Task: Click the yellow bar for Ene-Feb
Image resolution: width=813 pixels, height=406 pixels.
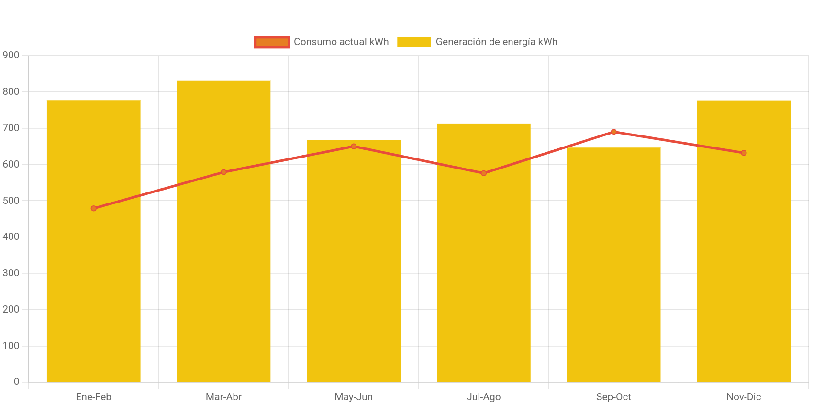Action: click(x=93, y=287)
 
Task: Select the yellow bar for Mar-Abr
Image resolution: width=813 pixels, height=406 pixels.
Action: click(x=223, y=287)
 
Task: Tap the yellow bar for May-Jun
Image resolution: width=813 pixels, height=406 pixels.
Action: click(x=354, y=287)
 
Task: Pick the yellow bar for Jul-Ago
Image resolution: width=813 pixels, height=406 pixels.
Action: click(x=483, y=287)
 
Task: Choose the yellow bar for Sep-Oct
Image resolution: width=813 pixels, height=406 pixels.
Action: click(x=613, y=287)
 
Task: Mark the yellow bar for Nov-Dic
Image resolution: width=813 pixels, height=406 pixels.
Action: click(x=744, y=287)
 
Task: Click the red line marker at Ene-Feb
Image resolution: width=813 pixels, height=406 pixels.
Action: click(x=94, y=208)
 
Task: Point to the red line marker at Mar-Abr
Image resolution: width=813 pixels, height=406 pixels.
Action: click(x=223, y=172)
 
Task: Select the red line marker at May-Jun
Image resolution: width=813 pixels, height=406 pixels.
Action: click(x=354, y=146)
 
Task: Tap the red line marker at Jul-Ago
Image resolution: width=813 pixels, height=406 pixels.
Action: click(x=483, y=173)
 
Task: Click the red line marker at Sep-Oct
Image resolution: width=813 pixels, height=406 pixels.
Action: click(x=613, y=132)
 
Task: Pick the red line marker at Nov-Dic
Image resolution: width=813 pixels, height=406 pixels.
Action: click(x=744, y=153)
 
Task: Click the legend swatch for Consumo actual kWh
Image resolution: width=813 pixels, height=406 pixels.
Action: click(x=272, y=42)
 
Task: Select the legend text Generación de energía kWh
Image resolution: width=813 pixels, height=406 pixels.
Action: click(x=496, y=42)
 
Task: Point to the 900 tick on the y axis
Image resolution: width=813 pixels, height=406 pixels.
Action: click(x=11, y=55)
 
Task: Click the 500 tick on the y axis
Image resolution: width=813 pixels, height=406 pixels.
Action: click(x=11, y=201)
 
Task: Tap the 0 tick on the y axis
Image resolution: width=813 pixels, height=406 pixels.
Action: click(x=16, y=382)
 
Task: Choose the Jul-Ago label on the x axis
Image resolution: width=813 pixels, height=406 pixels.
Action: click(x=483, y=397)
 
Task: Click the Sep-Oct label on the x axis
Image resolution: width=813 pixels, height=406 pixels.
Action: click(x=613, y=397)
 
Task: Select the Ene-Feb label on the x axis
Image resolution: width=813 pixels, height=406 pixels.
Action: click(x=93, y=397)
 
